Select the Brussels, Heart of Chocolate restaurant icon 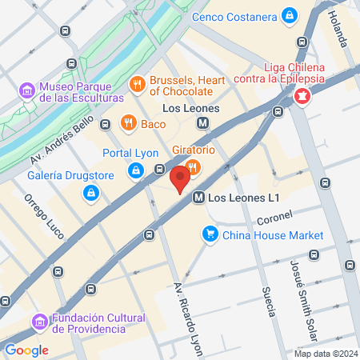tap(137, 82)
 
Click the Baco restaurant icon tap(127, 122)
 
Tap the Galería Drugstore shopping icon tap(92, 192)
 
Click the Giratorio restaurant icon tap(192, 166)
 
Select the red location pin tap(180, 176)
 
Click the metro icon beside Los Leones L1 tap(197, 197)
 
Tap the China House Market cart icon tap(210, 234)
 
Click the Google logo tap(26, 350)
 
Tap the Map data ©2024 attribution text tap(325, 354)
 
